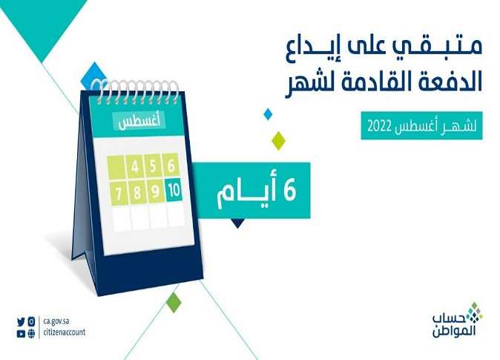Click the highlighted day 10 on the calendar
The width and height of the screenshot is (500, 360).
coord(174,190)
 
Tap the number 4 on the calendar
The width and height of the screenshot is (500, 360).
coord(135,166)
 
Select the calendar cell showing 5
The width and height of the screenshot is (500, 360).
coord(153,166)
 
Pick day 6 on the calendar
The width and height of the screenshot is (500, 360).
coord(171,166)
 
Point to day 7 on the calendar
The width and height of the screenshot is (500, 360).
coord(118,194)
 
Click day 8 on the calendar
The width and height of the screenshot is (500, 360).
coord(137,193)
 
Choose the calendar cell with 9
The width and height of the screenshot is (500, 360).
coord(155,192)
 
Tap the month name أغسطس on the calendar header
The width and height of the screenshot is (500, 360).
coord(139,122)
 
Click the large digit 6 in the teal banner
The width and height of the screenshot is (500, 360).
coord(289,190)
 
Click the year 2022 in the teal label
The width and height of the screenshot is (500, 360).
coord(379,126)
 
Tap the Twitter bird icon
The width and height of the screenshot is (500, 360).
coord(21,321)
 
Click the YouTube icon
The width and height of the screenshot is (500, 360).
coord(21,334)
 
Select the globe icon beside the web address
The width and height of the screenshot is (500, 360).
coord(31,334)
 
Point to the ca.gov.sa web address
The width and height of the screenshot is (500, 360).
coord(56,321)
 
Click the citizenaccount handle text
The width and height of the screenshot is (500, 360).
coord(64,333)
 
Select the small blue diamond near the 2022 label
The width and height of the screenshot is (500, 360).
coord(268,114)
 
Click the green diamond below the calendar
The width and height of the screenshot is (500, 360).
coord(174,302)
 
